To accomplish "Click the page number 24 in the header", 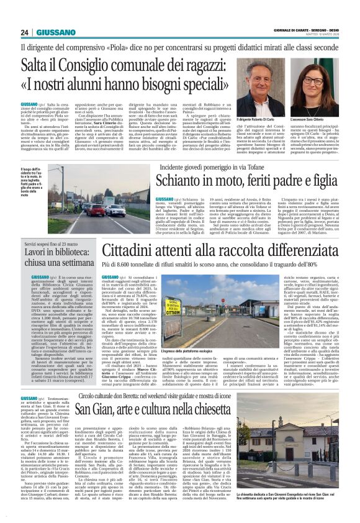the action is point(25,32).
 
